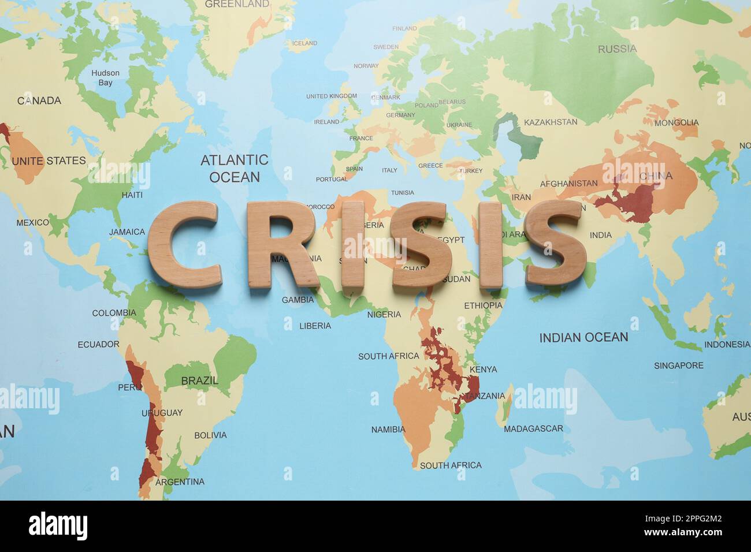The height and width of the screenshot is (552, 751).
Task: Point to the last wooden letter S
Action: click(555, 243)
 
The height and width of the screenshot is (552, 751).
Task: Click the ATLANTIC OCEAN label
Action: click(234, 168)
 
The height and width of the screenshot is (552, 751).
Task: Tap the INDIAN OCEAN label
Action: click(583, 338)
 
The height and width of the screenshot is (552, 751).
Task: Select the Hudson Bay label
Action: click(105, 77)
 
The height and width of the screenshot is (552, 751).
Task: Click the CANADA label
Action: click(39, 100)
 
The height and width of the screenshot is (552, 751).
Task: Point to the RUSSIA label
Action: click(617, 49)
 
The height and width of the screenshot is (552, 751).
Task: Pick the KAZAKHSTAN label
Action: click(550, 122)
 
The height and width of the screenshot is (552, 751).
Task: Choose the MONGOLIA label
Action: click(676, 122)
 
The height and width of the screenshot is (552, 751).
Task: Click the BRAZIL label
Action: click(199, 381)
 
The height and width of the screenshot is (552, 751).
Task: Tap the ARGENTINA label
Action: click(180, 482)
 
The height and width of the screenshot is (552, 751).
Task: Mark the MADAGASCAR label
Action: click(533, 428)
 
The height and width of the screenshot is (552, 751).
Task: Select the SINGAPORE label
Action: click(678, 365)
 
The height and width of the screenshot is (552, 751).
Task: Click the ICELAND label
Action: click(304, 43)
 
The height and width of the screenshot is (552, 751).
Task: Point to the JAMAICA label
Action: click(127, 232)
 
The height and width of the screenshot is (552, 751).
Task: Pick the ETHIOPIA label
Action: click(483, 305)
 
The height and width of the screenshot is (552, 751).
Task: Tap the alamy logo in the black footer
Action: click(58, 526)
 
